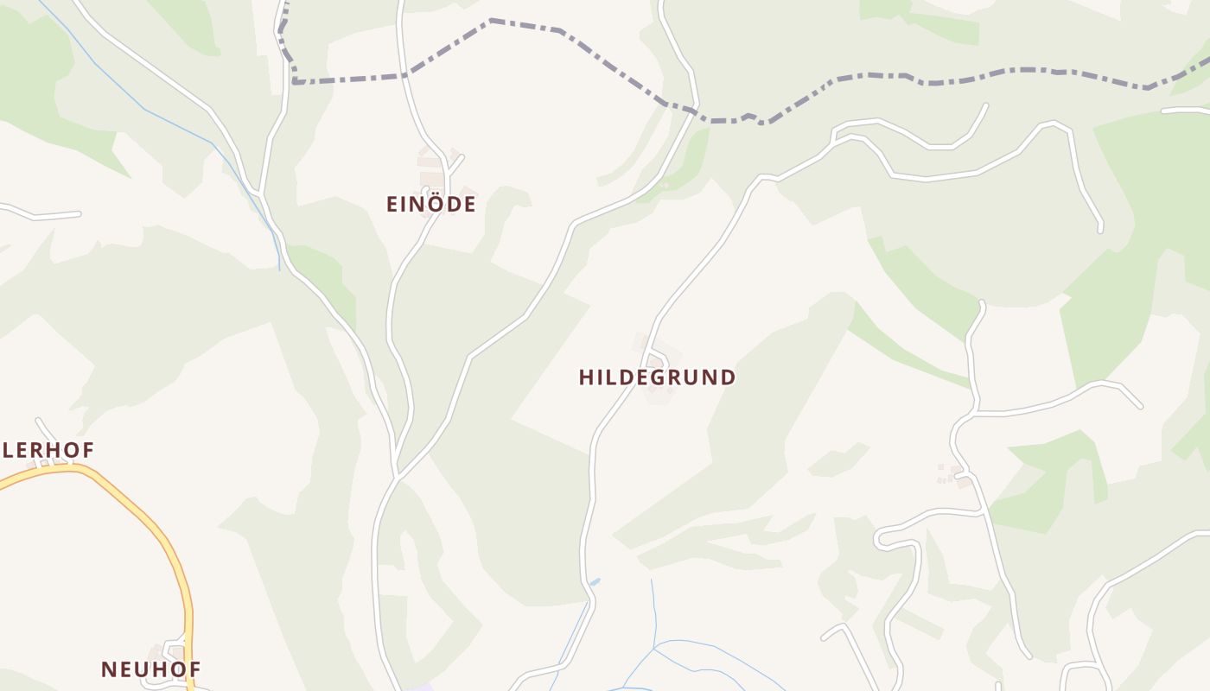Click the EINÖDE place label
[430, 205]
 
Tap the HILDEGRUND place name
[657, 377]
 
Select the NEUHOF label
[151, 669]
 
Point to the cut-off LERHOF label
[48, 450]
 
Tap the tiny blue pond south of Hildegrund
[595, 582]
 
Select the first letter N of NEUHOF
[108, 669]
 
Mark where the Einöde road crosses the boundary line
[404, 75]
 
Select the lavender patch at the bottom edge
[422, 687]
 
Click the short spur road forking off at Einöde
[455, 162]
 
